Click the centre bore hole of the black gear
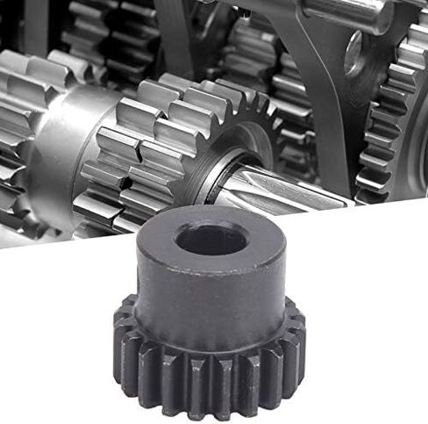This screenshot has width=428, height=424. click(210, 239)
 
